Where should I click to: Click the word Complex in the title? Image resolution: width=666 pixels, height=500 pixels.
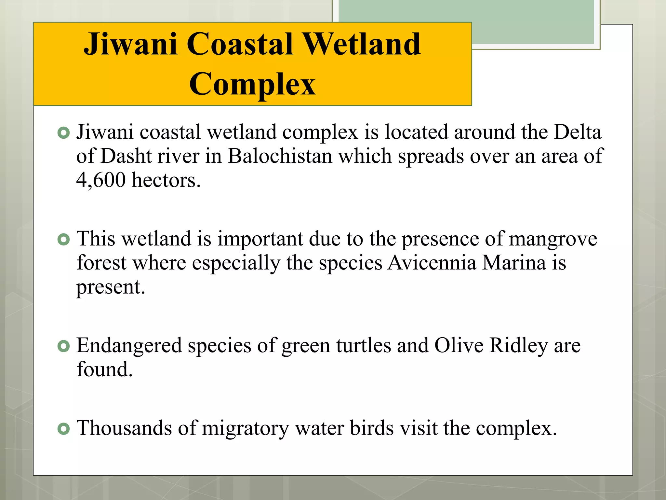[252, 84]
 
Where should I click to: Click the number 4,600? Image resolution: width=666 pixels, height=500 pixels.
[101, 180]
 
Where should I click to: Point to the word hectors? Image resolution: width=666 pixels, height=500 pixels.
[166, 180]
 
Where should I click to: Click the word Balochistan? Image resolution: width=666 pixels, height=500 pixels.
[280, 156]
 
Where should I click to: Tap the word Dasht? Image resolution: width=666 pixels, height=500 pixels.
[126, 156]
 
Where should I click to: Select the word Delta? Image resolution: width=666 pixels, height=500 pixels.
[578, 132]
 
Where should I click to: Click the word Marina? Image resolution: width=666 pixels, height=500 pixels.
[514, 263]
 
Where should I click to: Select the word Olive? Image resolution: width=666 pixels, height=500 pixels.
[459, 346]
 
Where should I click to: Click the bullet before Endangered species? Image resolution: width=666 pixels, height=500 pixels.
[64, 346]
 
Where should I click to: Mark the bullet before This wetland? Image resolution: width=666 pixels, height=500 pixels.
[64, 240]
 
